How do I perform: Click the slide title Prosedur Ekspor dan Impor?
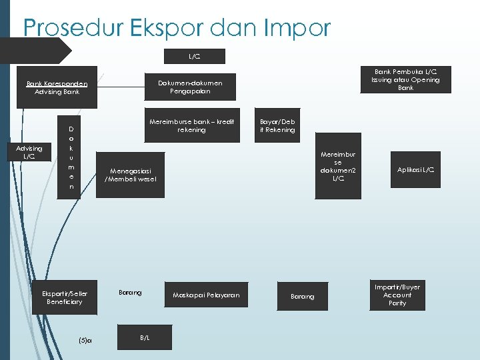(x=177, y=27)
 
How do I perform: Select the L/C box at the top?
(x=193, y=56)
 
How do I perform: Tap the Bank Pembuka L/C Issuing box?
(x=405, y=79)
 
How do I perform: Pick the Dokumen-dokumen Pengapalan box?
(x=190, y=87)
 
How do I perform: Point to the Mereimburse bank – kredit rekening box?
(x=191, y=125)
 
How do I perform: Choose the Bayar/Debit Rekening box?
(x=277, y=125)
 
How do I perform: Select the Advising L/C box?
(x=29, y=152)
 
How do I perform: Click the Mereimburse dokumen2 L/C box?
(x=338, y=166)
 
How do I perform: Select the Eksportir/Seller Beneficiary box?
(x=65, y=297)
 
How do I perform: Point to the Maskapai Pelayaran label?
(x=206, y=295)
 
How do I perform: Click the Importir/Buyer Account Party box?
(x=397, y=295)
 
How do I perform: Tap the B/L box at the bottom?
(x=145, y=337)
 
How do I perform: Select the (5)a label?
(x=85, y=340)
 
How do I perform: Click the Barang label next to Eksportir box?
(x=130, y=293)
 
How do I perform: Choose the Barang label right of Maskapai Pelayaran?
(x=302, y=296)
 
